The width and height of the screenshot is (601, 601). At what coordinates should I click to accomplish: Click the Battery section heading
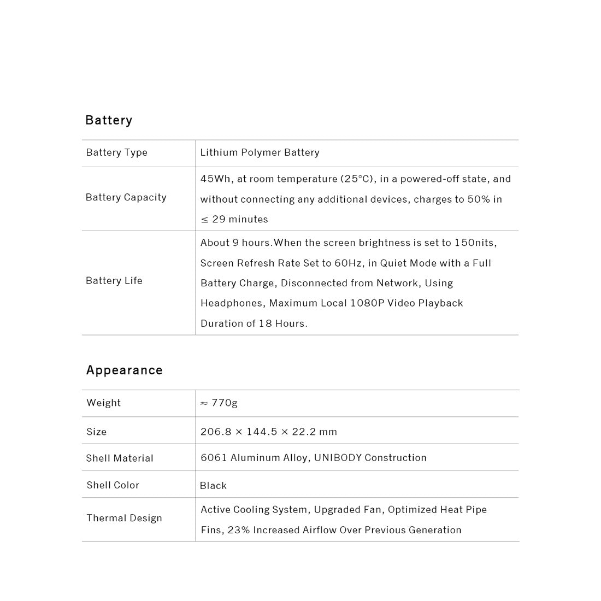coord(109,120)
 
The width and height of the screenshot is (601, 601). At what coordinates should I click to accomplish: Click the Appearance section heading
coord(125,370)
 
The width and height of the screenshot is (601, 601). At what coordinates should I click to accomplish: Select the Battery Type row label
coord(116,152)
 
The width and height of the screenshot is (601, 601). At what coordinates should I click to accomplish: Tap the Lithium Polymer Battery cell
coord(260,152)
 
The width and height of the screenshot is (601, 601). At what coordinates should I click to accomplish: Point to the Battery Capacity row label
coord(126,197)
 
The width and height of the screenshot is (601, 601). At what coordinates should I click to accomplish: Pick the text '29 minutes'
coord(240,219)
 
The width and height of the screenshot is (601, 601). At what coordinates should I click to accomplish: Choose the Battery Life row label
coord(114,281)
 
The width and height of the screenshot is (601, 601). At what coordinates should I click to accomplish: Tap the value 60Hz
coord(348,263)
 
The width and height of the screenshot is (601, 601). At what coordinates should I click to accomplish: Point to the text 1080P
coord(367,303)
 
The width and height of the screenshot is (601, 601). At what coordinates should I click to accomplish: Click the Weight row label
coord(103,403)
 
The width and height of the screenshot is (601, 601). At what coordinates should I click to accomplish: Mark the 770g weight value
coord(224,403)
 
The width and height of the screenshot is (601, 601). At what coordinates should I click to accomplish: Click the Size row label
coord(96,432)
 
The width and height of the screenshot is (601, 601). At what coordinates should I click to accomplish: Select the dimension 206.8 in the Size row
coord(215,432)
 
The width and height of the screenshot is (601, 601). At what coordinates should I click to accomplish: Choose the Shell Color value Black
coord(213,486)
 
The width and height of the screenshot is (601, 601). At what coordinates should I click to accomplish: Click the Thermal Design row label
coord(124,518)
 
